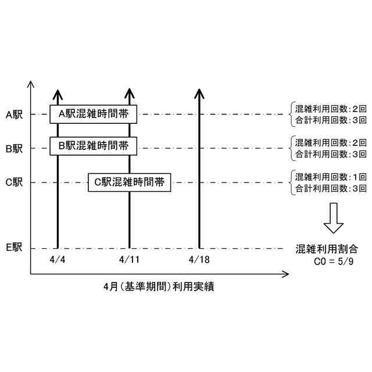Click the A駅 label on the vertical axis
pyautogui.click(x=14, y=115)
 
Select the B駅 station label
pyautogui.click(x=14, y=149)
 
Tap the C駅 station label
pyautogui.click(x=14, y=183)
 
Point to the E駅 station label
pyautogui.click(x=14, y=248)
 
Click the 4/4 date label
pyautogui.click(x=58, y=258)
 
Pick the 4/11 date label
pyautogui.click(x=128, y=258)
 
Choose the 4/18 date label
pyautogui.click(x=199, y=258)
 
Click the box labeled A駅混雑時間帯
pyautogui.click(x=93, y=114)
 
